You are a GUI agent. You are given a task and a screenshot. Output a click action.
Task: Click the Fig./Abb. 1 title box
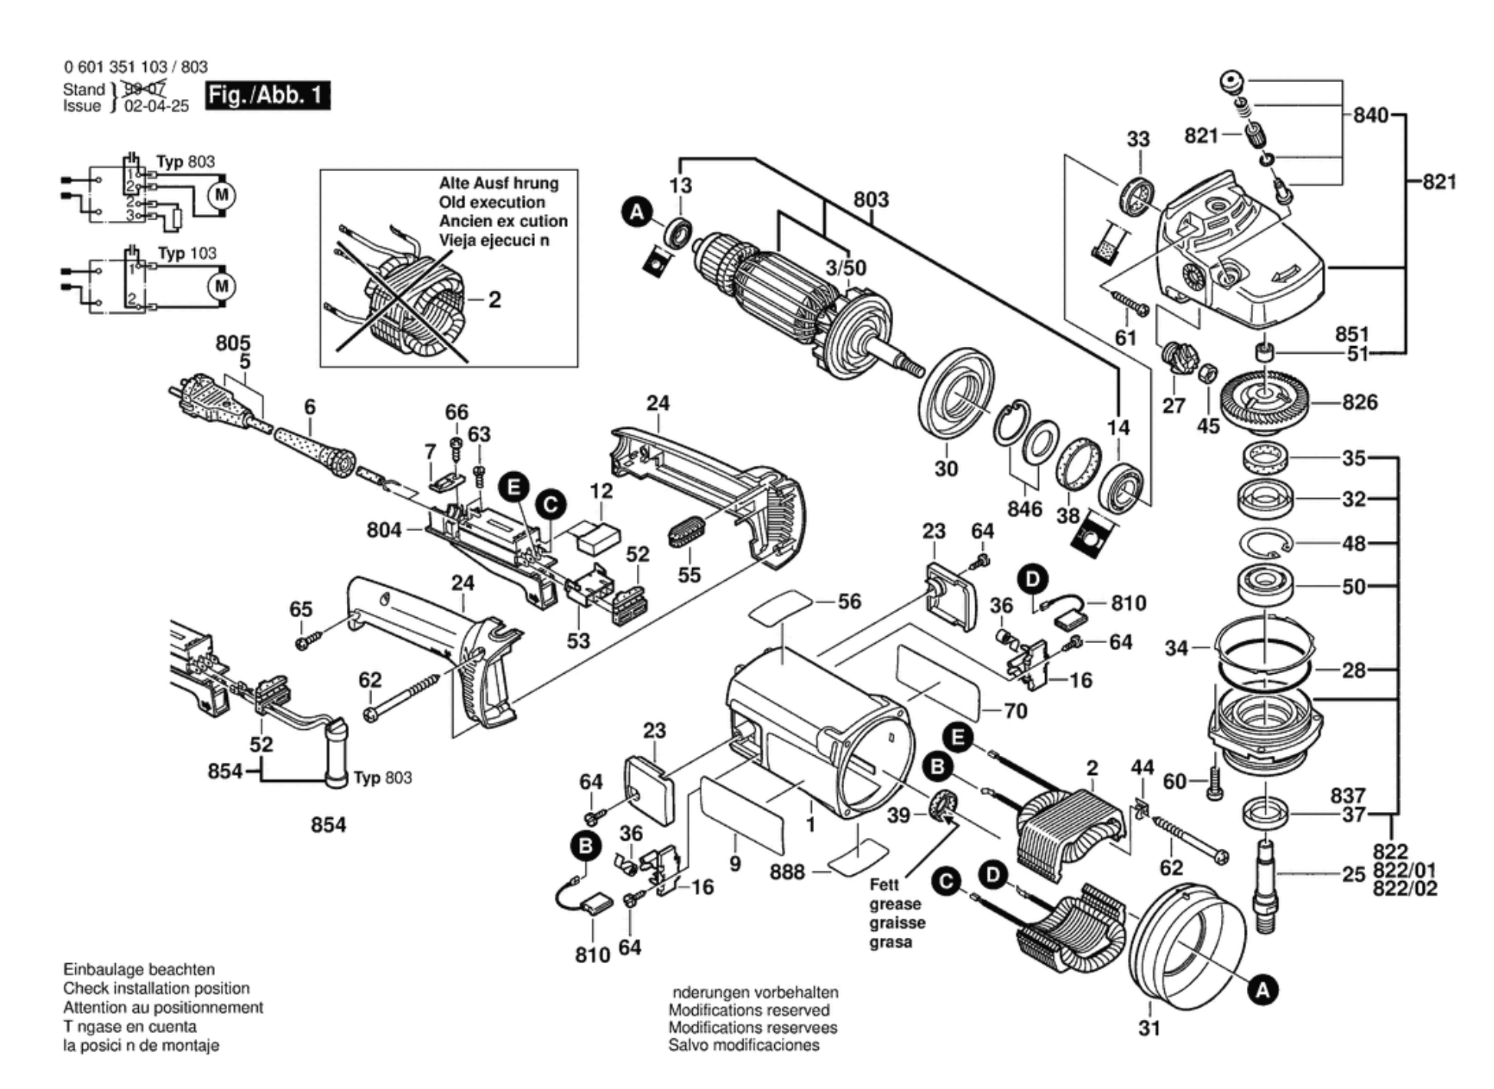tap(267, 96)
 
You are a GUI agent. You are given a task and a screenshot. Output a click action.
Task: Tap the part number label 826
tap(1360, 402)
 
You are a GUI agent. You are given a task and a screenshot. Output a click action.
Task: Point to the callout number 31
tap(1149, 1028)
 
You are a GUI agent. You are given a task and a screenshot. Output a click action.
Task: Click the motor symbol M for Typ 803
tap(222, 195)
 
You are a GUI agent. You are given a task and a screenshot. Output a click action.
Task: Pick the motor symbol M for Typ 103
tap(222, 286)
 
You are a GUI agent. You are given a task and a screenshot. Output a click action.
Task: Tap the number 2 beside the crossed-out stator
tap(495, 299)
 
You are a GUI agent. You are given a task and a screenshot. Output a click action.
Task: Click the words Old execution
tap(492, 203)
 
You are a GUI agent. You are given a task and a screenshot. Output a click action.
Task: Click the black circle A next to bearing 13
tap(637, 213)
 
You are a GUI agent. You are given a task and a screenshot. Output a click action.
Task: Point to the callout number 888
tap(787, 873)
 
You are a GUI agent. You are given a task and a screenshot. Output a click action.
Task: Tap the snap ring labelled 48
tap(1266, 544)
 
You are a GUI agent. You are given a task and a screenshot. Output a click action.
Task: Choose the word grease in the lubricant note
tap(895, 904)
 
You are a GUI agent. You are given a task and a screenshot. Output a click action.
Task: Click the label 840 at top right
tap(1370, 115)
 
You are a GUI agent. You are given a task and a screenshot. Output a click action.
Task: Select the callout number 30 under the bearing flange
tap(945, 468)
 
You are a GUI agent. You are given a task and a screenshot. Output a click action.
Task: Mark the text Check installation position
tap(157, 988)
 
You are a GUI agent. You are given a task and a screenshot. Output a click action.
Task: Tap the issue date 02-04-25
tap(157, 106)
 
